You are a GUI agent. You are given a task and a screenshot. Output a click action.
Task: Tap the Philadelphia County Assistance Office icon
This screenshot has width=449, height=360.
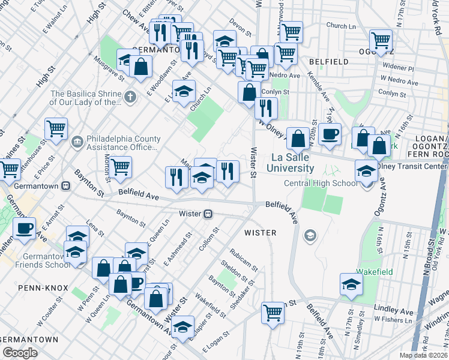(x=77, y=142)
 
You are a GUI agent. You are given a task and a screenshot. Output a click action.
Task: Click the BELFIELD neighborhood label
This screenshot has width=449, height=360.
(x=328, y=62)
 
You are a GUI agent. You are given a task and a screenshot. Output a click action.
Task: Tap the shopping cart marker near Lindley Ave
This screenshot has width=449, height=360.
(x=273, y=312)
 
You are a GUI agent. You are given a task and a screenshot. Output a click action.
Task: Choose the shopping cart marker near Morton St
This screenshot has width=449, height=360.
(x=120, y=167)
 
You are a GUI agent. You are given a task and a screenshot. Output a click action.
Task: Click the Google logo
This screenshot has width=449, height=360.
(x=20, y=353)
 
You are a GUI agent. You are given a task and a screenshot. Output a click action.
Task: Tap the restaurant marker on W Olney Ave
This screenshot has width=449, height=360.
(x=265, y=108)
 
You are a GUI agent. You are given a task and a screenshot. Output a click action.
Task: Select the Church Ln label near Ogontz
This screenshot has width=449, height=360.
(x=341, y=26)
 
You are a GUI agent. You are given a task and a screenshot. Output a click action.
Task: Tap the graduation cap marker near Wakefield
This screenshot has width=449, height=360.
(x=351, y=284)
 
